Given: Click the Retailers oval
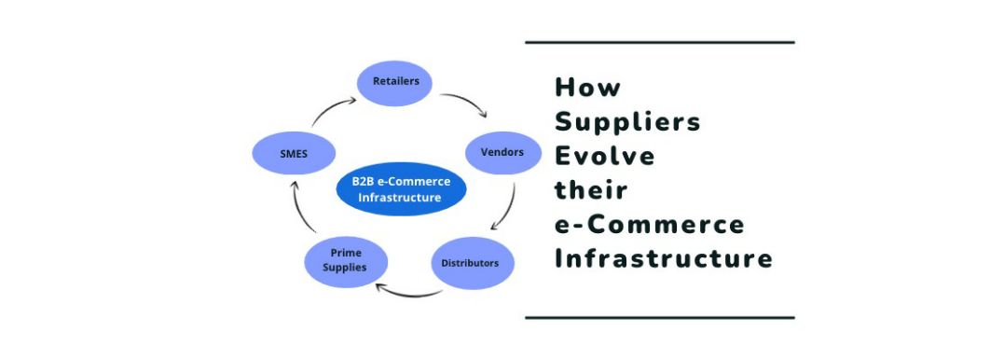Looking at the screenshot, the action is click(x=395, y=83).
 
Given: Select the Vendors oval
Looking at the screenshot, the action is click(x=503, y=153).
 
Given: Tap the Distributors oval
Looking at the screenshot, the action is click(x=473, y=263).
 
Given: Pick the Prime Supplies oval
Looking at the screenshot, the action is click(x=346, y=261).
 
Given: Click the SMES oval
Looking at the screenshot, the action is click(x=294, y=154).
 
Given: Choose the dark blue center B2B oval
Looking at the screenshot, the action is click(x=402, y=189).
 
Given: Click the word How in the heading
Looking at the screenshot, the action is click(x=587, y=87).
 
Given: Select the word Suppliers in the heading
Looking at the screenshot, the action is click(x=627, y=122).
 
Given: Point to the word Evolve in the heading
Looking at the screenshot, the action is click(x=605, y=156).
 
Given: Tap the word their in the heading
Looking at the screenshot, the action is click(x=591, y=190).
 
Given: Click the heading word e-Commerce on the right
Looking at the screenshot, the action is click(x=650, y=225).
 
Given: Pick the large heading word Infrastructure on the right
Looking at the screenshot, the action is click(x=664, y=259).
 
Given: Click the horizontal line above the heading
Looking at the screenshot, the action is click(x=660, y=42).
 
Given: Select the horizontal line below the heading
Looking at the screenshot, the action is click(x=660, y=318).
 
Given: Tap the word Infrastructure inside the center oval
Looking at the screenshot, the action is click(x=400, y=198).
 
